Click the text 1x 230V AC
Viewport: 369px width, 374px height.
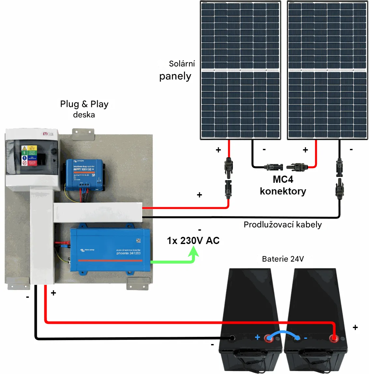point(193,241)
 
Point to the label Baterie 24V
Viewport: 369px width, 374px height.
point(283,259)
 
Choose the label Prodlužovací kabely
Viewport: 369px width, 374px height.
point(283,224)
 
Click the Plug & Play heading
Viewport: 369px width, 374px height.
point(84,104)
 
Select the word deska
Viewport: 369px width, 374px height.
point(84,115)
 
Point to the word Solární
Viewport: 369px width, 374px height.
point(182,64)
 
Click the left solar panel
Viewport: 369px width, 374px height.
point(241,70)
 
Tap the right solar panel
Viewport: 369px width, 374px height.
point(327,70)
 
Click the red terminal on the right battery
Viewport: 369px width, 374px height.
point(333,338)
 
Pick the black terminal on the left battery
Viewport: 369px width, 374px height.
point(232,338)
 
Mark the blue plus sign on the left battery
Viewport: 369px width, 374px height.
point(258,337)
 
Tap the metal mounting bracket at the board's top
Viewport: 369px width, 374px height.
point(83,134)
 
